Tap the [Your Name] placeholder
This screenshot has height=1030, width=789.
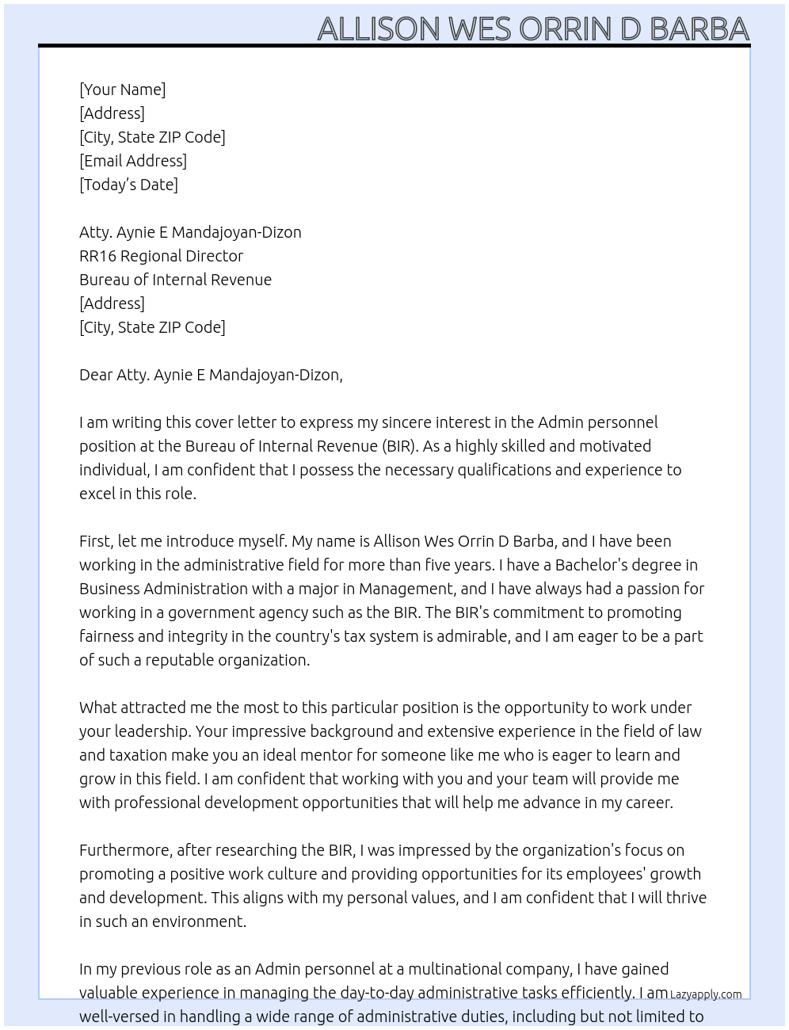point(122,90)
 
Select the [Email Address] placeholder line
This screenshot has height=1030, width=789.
point(133,161)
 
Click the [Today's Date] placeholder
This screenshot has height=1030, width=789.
point(128,185)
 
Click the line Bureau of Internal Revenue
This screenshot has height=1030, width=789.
point(175,280)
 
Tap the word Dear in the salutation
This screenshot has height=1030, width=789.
point(96,375)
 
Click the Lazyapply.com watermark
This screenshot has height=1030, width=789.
point(706,994)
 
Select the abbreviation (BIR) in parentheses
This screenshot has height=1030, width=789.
point(398,446)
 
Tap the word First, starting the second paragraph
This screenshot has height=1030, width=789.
point(96,541)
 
